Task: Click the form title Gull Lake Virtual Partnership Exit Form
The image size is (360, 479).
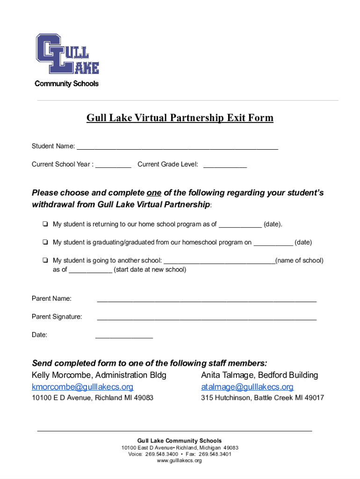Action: click(x=180, y=118)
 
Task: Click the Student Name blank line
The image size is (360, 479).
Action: click(x=177, y=147)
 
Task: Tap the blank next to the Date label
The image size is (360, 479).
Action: click(x=124, y=335)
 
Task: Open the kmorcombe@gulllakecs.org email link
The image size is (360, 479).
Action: click(x=82, y=387)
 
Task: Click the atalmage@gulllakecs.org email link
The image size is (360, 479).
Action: click(x=247, y=387)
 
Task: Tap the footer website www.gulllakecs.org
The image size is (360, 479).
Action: click(x=180, y=461)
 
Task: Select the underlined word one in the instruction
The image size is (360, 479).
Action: click(x=154, y=193)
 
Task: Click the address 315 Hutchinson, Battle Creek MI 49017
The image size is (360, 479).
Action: click(x=262, y=398)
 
